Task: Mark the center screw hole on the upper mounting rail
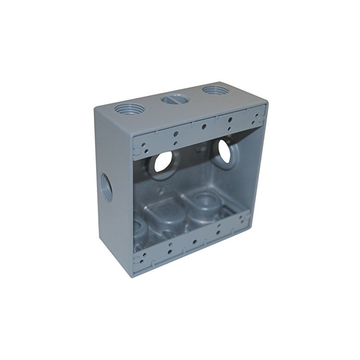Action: [204, 127]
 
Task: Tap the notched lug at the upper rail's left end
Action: [145, 145]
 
